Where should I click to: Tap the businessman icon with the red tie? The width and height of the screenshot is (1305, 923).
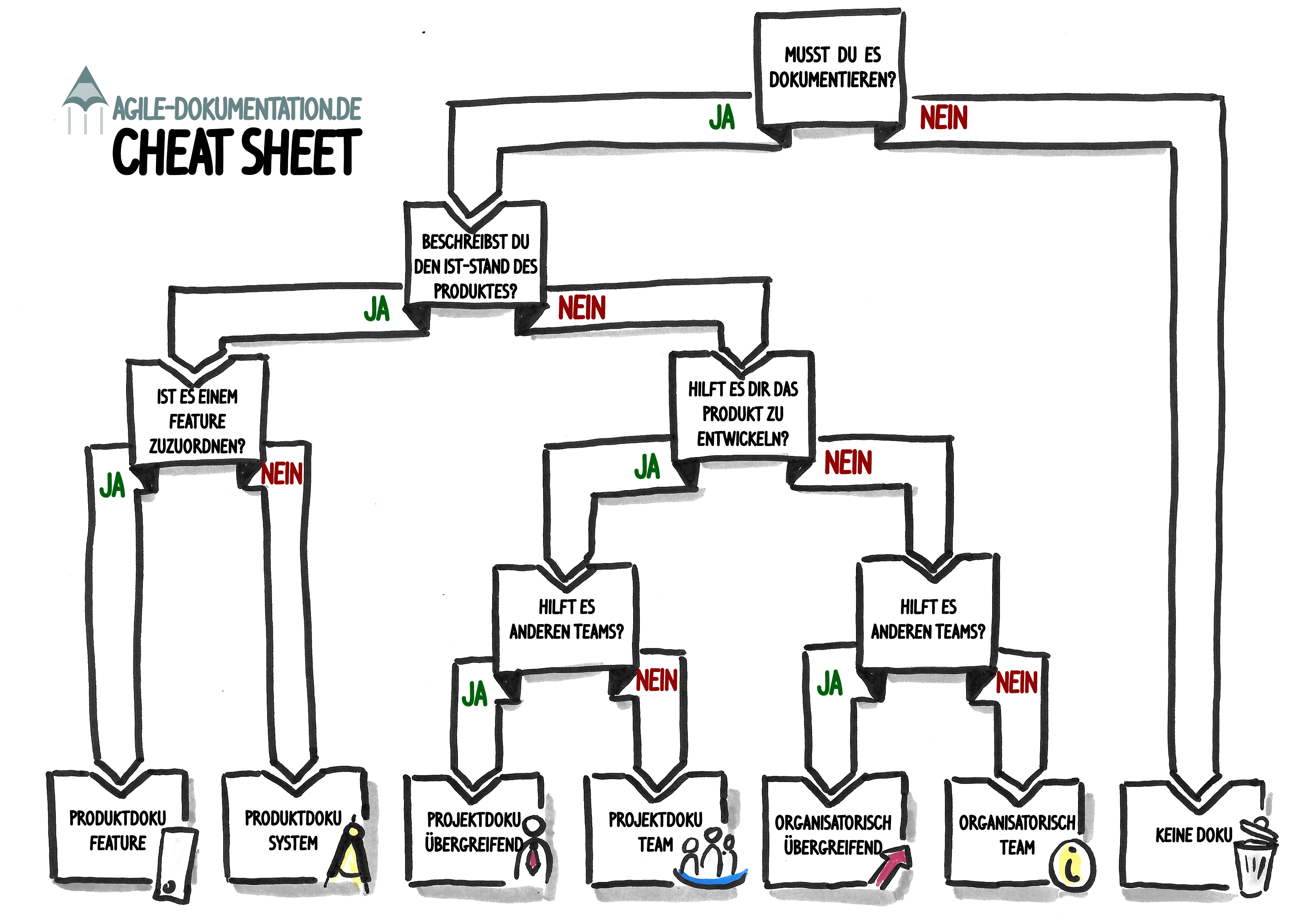pyautogui.click(x=533, y=847)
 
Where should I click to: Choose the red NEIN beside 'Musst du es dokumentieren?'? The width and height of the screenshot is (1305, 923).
pyautogui.click(x=943, y=118)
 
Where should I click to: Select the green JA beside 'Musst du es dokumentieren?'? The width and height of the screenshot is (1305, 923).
pyautogui.click(x=721, y=118)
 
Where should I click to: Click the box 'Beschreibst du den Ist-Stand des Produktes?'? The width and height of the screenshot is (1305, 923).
pyautogui.click(x=475, y=266)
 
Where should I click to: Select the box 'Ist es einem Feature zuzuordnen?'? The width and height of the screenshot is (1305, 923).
pyautogui.click(x=197, y=421)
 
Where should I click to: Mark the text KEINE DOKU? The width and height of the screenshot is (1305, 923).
pyautogui.click(x=1194, y=835)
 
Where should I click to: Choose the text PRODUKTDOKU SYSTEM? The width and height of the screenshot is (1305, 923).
pyautogui.click(x=293, y=830)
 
